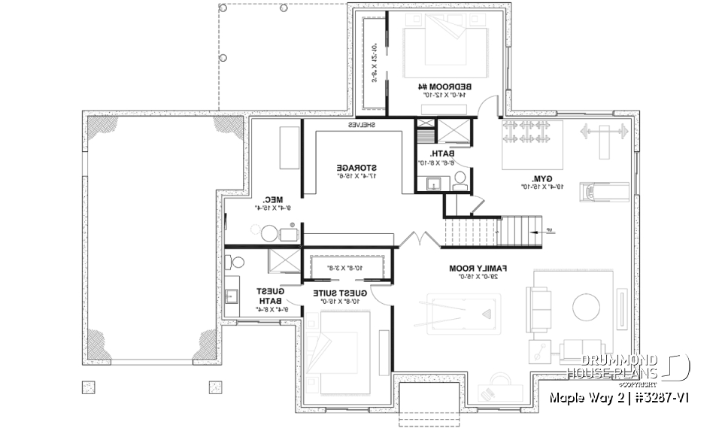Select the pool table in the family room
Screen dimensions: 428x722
point(460,311)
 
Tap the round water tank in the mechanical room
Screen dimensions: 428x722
point(268,234)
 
